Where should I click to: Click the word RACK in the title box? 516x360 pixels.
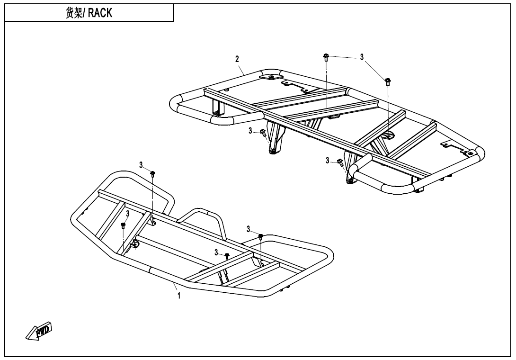pyautogui.click(x=100, y=13)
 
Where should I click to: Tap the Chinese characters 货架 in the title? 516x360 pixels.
pyautogui.click(x=74, y=13)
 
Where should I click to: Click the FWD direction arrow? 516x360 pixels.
pyautogui.click(x=39, y=331)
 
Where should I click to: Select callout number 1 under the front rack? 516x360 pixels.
pyautogui.click(x=178, y=296)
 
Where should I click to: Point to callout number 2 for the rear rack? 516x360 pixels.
pyautogui.click(x=237, y=59)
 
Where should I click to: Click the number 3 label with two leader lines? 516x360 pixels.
pyautogui.click(x=362, y=57)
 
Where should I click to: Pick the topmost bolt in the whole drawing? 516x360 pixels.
pyautogui.click(x=326, y=57)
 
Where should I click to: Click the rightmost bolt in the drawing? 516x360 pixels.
pyautogui.click(x=388, y=81)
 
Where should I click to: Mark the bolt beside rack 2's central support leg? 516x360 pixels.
pyautogui.click(x=263, y=133)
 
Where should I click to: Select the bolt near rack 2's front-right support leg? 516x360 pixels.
pyautogui.click(x=340, y=162)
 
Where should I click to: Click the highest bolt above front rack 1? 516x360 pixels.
pyautogui.click(x=153, y=173)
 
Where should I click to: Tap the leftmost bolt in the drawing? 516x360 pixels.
pyautogui.click(x=123, y=225)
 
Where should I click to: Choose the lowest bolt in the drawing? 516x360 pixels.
pyautogui.click(x=227, y=256)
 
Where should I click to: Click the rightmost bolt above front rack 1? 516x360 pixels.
pyautogui.click(x=260, y=236)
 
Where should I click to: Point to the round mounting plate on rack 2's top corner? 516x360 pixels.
pyautogui.click(x=271, y=76)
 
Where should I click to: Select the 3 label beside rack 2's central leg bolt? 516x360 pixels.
pyautogui.click(x=250, y=131)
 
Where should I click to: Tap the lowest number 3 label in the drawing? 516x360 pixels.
pyautogui.click(x=216, y=252)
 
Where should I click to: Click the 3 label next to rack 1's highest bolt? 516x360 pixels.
pyautogui.click(x=141, y=165)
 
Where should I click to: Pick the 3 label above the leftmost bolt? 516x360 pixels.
pyautogui.click(x=127, y=214)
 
